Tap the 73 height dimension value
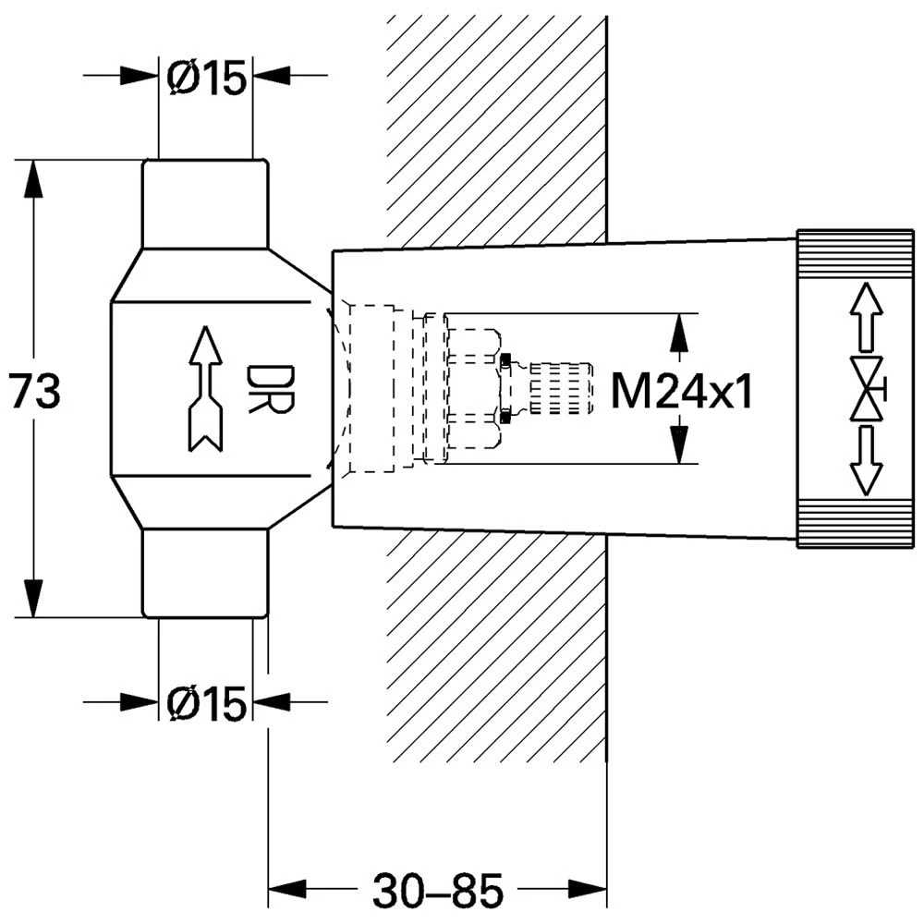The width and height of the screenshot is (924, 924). [35, 391]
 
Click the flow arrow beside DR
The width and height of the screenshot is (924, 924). [205, 389]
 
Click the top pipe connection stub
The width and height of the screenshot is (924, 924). [205, 203]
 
